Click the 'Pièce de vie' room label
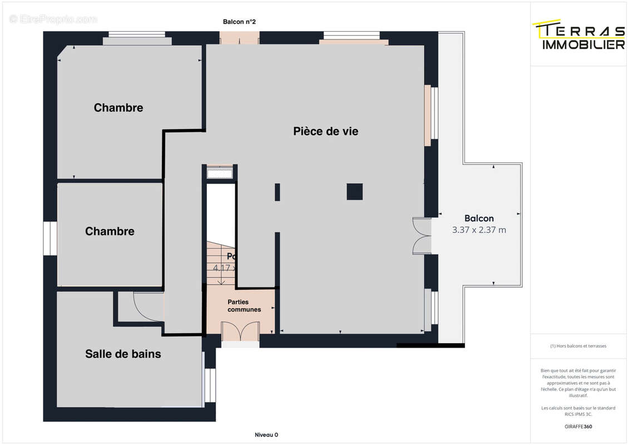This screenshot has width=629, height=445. tap(325, 131)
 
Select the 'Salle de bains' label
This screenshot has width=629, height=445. tap(123, 353)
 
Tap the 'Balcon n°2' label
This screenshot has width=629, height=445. tap(239, 22)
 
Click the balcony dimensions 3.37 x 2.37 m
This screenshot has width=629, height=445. tap(479, 230)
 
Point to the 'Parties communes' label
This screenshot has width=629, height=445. tap(244, 305)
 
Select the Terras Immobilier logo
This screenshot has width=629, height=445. tap(579, 36)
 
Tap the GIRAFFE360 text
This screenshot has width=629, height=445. tap(578, 427)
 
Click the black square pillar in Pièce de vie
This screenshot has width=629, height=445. tap(355, 191)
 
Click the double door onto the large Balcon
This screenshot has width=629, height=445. tap(422, 236)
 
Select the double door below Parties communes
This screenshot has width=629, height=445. tap(240, 332)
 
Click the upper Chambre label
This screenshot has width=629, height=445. tap(118, 107)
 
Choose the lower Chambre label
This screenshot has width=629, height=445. tap(110, 231)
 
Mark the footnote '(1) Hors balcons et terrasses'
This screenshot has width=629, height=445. tap(578, 346)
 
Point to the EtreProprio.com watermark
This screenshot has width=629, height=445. tap(53, 19)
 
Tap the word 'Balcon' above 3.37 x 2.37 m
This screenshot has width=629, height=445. tap(479, 218)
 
